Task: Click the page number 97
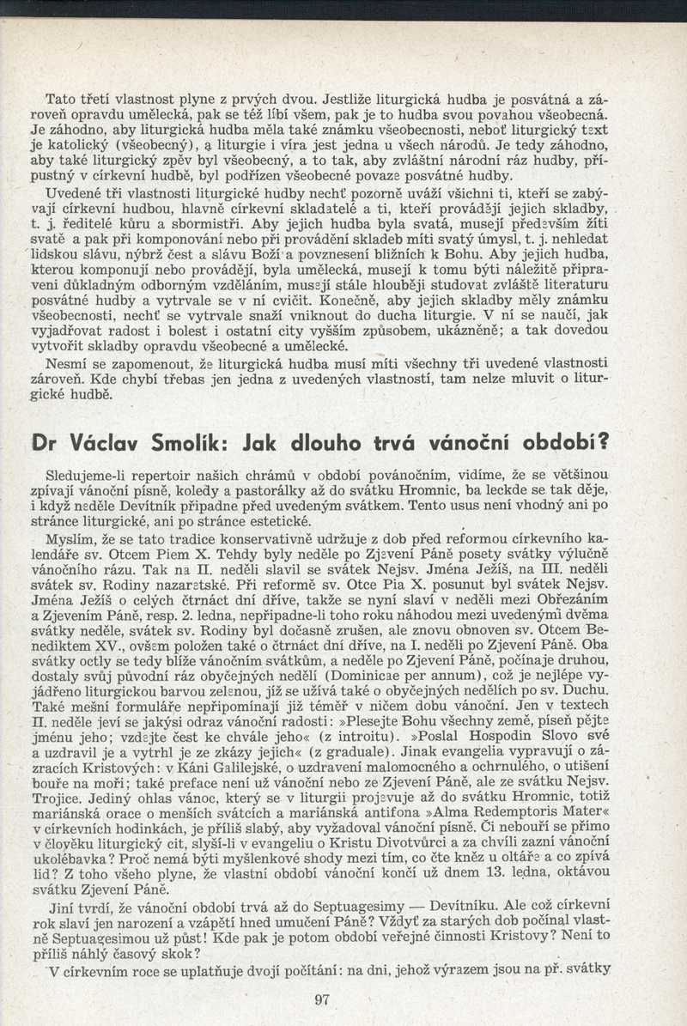tap(323, 999)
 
